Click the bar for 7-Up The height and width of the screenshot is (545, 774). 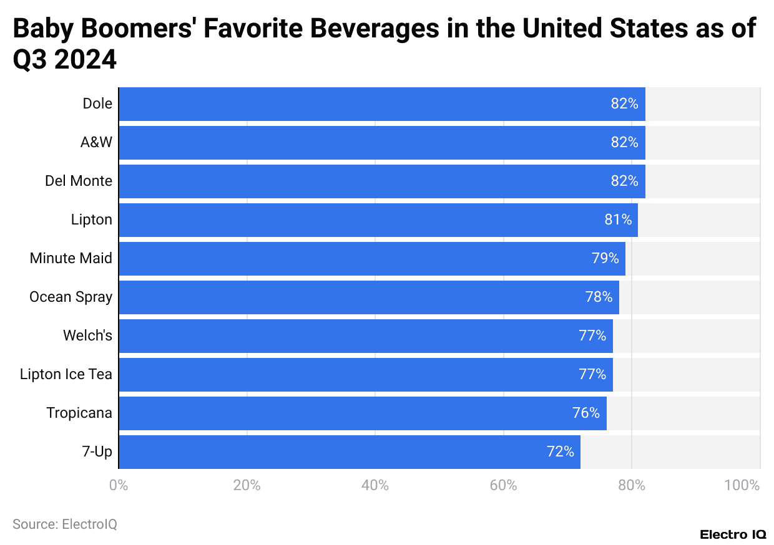point(350,451)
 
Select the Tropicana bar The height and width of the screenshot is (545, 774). point(362,413)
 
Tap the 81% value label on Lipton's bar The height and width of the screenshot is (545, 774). point(618,219)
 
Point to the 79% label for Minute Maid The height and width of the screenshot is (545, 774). point(605,258)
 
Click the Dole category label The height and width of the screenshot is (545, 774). point(97,104)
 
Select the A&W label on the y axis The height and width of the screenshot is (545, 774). point(96,142)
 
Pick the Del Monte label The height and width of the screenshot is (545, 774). point(79,181)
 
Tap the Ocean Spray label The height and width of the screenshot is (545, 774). point(71,297)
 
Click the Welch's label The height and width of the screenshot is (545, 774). point(87,335)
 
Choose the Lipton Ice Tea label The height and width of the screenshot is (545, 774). point(66,374)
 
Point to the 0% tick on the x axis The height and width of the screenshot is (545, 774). point(118,485)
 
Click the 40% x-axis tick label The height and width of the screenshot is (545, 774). point(375,485)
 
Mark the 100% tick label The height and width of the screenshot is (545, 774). point(742,485)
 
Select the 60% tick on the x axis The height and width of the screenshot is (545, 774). point(503,485)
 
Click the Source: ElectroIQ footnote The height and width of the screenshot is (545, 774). point(65,524)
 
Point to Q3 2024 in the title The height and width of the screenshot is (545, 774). point(65,60)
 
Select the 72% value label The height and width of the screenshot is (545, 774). point(560,451)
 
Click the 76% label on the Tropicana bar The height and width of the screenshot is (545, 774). point(586,413)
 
